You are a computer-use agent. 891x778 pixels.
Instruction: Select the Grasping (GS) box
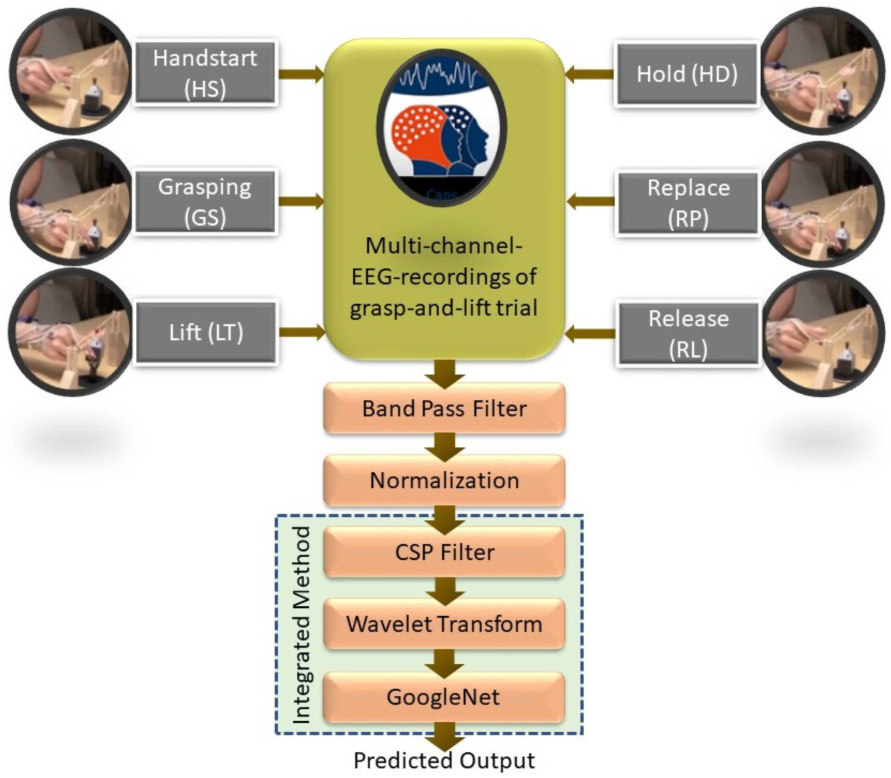[x=205, y=202]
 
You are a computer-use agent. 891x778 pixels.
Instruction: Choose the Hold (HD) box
[x=687, y=74]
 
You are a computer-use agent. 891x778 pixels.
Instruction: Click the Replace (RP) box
[x=688, y=203]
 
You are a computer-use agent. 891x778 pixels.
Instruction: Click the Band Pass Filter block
[x=444, y=408]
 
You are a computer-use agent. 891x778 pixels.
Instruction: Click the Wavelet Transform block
[x=444, y=624]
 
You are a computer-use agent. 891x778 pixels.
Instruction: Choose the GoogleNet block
[x=444, y=697]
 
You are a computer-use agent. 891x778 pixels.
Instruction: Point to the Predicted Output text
[x=444, y=760]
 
